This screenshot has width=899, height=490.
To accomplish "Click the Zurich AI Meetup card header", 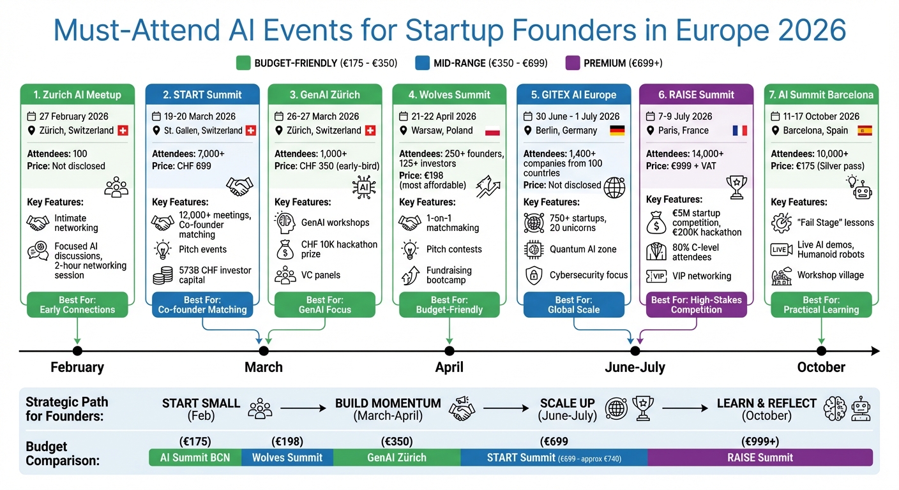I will [x=77, y=94].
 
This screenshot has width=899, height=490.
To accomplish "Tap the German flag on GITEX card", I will [x=617, y=130].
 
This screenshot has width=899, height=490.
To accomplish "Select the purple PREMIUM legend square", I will [x=573, y=63].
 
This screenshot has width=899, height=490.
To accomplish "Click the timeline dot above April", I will [x=450, y=351].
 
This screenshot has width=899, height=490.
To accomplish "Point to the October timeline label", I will [x=821, y=367].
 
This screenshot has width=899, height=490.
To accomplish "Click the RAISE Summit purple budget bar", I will [x=760, y=457].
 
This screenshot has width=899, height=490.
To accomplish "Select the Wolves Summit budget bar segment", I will [x=287, y=457].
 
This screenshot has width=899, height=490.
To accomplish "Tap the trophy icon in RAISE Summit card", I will [x=736, y=184].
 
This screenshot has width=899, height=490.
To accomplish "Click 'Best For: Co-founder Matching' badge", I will [x=202, y=304].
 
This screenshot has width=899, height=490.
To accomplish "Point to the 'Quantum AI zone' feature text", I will [x=583, y=249].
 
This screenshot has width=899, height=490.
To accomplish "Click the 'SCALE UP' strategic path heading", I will [x=567, y=403].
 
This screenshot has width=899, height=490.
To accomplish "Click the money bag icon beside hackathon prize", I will [x=284, y=249].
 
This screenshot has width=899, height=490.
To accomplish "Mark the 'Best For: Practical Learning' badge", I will [x=821, y=304].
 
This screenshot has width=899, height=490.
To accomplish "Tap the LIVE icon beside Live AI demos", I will [x=782, y=249].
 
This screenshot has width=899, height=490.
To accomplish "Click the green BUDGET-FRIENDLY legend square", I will [x=243, y=63].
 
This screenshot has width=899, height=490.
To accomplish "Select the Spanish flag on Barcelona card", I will [x=865, y=130].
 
